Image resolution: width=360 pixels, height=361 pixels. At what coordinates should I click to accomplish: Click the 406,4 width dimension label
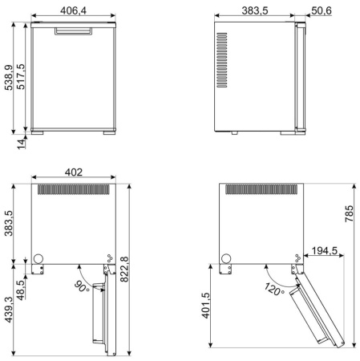pyautogui.click(x=73, y=10)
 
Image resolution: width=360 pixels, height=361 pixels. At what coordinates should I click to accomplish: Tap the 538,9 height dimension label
pyautogui.click(x=9, y=78)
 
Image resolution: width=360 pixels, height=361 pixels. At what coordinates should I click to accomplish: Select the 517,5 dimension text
pyautogui.click(x=21, y=76)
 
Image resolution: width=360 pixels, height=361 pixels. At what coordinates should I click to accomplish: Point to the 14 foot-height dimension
pyautogui.click(x=22, y=144)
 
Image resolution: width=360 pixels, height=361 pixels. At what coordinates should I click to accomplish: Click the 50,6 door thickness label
pyautogui.click(x=322, y=10)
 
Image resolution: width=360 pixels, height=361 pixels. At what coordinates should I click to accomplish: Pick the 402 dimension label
pyautogui.click(x=74, y=172)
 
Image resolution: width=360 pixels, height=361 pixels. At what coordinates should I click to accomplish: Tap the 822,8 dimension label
pyautogui.click(x=124, y=270)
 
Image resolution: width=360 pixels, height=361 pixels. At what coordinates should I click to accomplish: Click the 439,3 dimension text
pyautogui.click(x=8, y=310)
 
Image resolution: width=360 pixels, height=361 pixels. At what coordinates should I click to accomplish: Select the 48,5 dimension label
pyautogui.click(x=20, y=290)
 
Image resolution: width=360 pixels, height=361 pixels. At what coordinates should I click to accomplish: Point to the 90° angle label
pyautogui.click(x=82, y=286)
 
